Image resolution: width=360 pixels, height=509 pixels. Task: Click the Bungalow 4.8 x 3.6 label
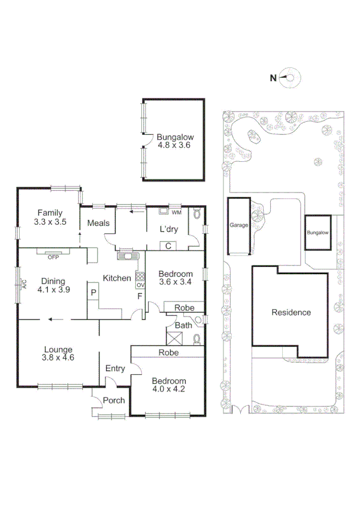(x=174, y=140)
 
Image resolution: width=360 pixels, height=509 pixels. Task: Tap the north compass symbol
(x=292, y=77)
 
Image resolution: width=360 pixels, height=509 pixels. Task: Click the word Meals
(x=98, y=223)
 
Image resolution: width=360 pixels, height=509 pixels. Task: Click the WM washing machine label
(x=176, y=212)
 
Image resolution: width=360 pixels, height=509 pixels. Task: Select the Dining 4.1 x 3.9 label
(x=53, y=284)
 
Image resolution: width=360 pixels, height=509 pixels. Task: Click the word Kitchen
(x=117, y=278)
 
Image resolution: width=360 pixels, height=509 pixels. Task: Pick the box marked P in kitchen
(x=93, y=293)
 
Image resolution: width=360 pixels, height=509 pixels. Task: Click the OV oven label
(x=140, y=285)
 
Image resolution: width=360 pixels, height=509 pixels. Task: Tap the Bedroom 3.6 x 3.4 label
(x=175, y=278)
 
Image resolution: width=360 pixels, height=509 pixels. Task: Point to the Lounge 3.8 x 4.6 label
(x=58, y=354)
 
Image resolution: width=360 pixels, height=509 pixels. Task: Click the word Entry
(x=114, y=368)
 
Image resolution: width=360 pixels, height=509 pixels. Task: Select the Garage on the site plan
(x=238, y=226)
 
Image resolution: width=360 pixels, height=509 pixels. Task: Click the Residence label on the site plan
(x=291, y=312)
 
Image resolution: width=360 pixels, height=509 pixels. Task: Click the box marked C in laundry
(x=168, y=245)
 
